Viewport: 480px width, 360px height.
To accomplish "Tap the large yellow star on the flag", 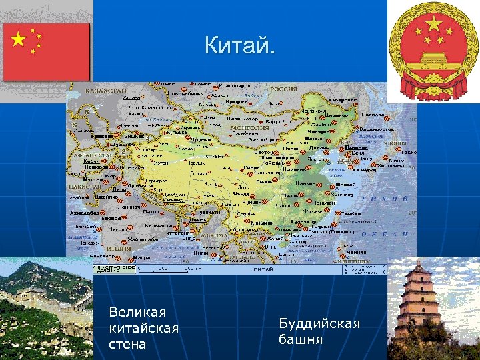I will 19,40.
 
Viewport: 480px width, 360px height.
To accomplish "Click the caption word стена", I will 127,345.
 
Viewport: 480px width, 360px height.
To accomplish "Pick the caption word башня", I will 301,339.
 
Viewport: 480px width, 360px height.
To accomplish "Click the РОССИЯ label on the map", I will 283,89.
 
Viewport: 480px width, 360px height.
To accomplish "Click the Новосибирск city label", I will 185,94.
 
